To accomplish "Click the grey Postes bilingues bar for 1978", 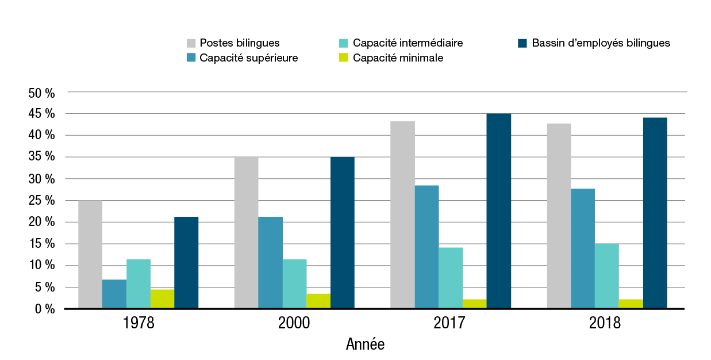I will point(90,254).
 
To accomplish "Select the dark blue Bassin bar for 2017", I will point(498,211).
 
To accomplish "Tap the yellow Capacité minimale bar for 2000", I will point(318,301).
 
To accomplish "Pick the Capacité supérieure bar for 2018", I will point(583,248).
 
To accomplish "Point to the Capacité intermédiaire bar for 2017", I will point(451,278).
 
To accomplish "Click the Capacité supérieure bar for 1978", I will point(114,294).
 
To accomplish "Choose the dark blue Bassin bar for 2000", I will point(343,232).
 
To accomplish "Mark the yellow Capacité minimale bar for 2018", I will point(631,304).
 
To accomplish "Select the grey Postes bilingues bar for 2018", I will point(559,216).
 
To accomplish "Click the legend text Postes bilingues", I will point(240,43).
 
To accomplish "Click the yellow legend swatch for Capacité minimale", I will point(344,58).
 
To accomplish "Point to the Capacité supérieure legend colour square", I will point(191,58).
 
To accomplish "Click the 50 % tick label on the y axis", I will point(41,93).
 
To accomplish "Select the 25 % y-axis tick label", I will point(41,201).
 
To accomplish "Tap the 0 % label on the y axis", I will point(44,309).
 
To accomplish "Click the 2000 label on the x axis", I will point(294,323).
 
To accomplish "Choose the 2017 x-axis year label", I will point(450,323).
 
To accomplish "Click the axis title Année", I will point(365,345).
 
